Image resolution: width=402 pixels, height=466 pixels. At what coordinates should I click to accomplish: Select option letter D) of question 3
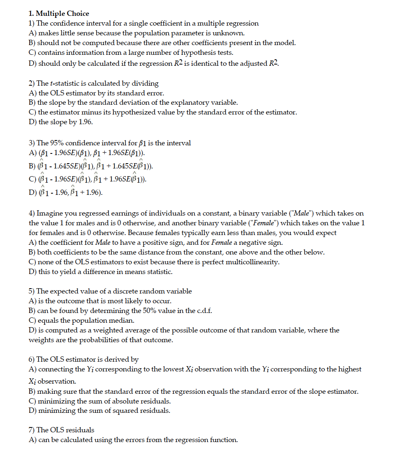click(32, 192)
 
